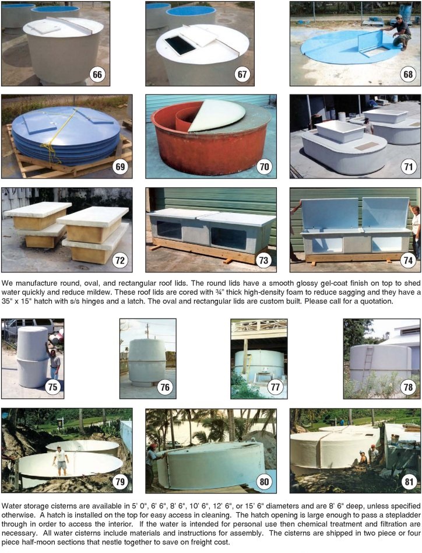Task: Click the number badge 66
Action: click(97, 75)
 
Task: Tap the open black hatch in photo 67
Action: click(180, 45)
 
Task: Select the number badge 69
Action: click(120, 166)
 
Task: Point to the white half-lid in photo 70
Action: click(217, 115)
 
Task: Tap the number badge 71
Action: click(408, 166)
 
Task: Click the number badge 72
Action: click(120, 260)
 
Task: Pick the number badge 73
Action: click(264, 260)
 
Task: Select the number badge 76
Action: click(165, 387)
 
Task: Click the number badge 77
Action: click(275, 387)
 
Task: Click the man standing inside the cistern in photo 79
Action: click(61, 461)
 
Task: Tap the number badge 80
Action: click(264, 481)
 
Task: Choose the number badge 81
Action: click(408, 481)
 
